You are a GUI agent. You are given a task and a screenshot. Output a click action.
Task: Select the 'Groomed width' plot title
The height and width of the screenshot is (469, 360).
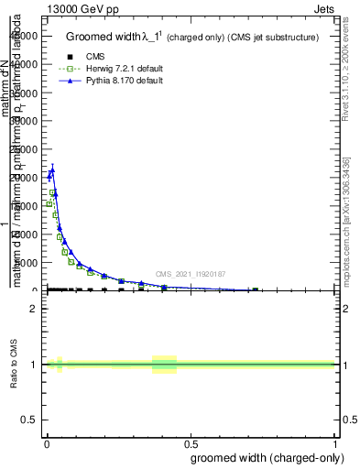coord(191,38)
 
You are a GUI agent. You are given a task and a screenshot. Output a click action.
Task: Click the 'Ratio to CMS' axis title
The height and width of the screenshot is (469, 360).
coord(15,363)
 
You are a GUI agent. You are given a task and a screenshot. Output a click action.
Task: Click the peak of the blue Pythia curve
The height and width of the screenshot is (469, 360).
coord(52,169)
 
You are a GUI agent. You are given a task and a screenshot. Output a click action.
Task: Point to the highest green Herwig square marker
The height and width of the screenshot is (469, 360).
coord(52,192)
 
